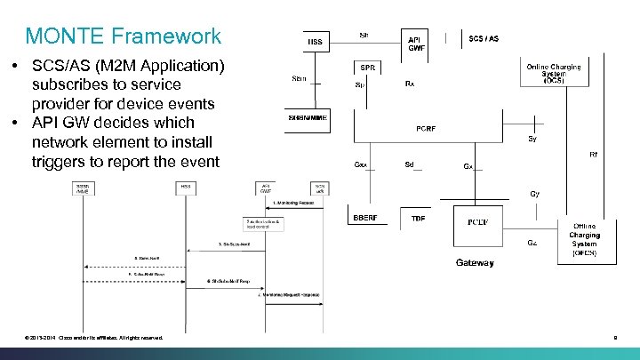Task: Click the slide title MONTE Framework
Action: pyautogui.click(x=124, y=36)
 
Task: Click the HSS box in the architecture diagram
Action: pyautogui.click(x=316, y=41)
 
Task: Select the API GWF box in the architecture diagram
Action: pyautogui.click(x=416, y=43)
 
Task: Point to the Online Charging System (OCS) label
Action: pyautogui.click(x=553, y=73)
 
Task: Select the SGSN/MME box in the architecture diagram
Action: pyautogui.click(x=308, y=118)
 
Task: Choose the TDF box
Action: pyautogui.click(x=418, y=218)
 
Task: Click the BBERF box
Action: pyautogui.click(x=365, y=218)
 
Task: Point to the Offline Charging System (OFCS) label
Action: pyautogui.click(x=584, y=240)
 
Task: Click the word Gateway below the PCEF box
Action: pyautogui.click(x=475, y=262)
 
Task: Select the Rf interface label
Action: pyautogui.click(x=594, y=155)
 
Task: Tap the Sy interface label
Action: pyautogui.click(x=532, y=139)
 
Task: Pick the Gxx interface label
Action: pyautogui.click(x=360, y=165)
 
